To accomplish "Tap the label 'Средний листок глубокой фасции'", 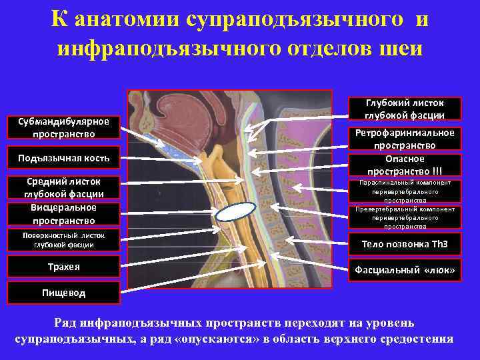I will pos(64,187).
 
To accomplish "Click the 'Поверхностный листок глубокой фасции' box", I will pos(64,239).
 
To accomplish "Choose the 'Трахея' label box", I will pos(64,267).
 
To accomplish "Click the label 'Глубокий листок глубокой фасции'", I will pos(404,109).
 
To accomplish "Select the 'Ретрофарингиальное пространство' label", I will pos(404,139).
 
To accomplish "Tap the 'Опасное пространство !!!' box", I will pos(404,164).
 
